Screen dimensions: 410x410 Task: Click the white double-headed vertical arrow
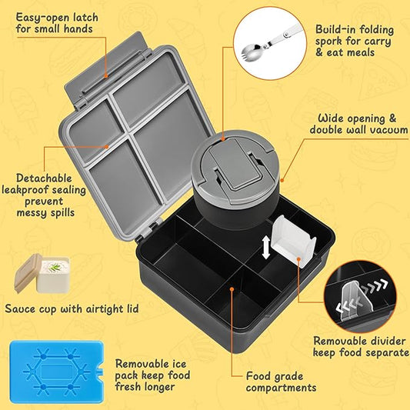click(x=265, y=247)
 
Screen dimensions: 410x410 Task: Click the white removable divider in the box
click(x=293, y=242)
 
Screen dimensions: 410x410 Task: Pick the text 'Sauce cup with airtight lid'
click(x=72, y=308)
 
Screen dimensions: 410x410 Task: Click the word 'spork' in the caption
click(x=329, y=42)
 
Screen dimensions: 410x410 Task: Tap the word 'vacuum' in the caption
click(x=386, y=130)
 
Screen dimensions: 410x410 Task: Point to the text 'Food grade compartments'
click(x=280, y=382)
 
